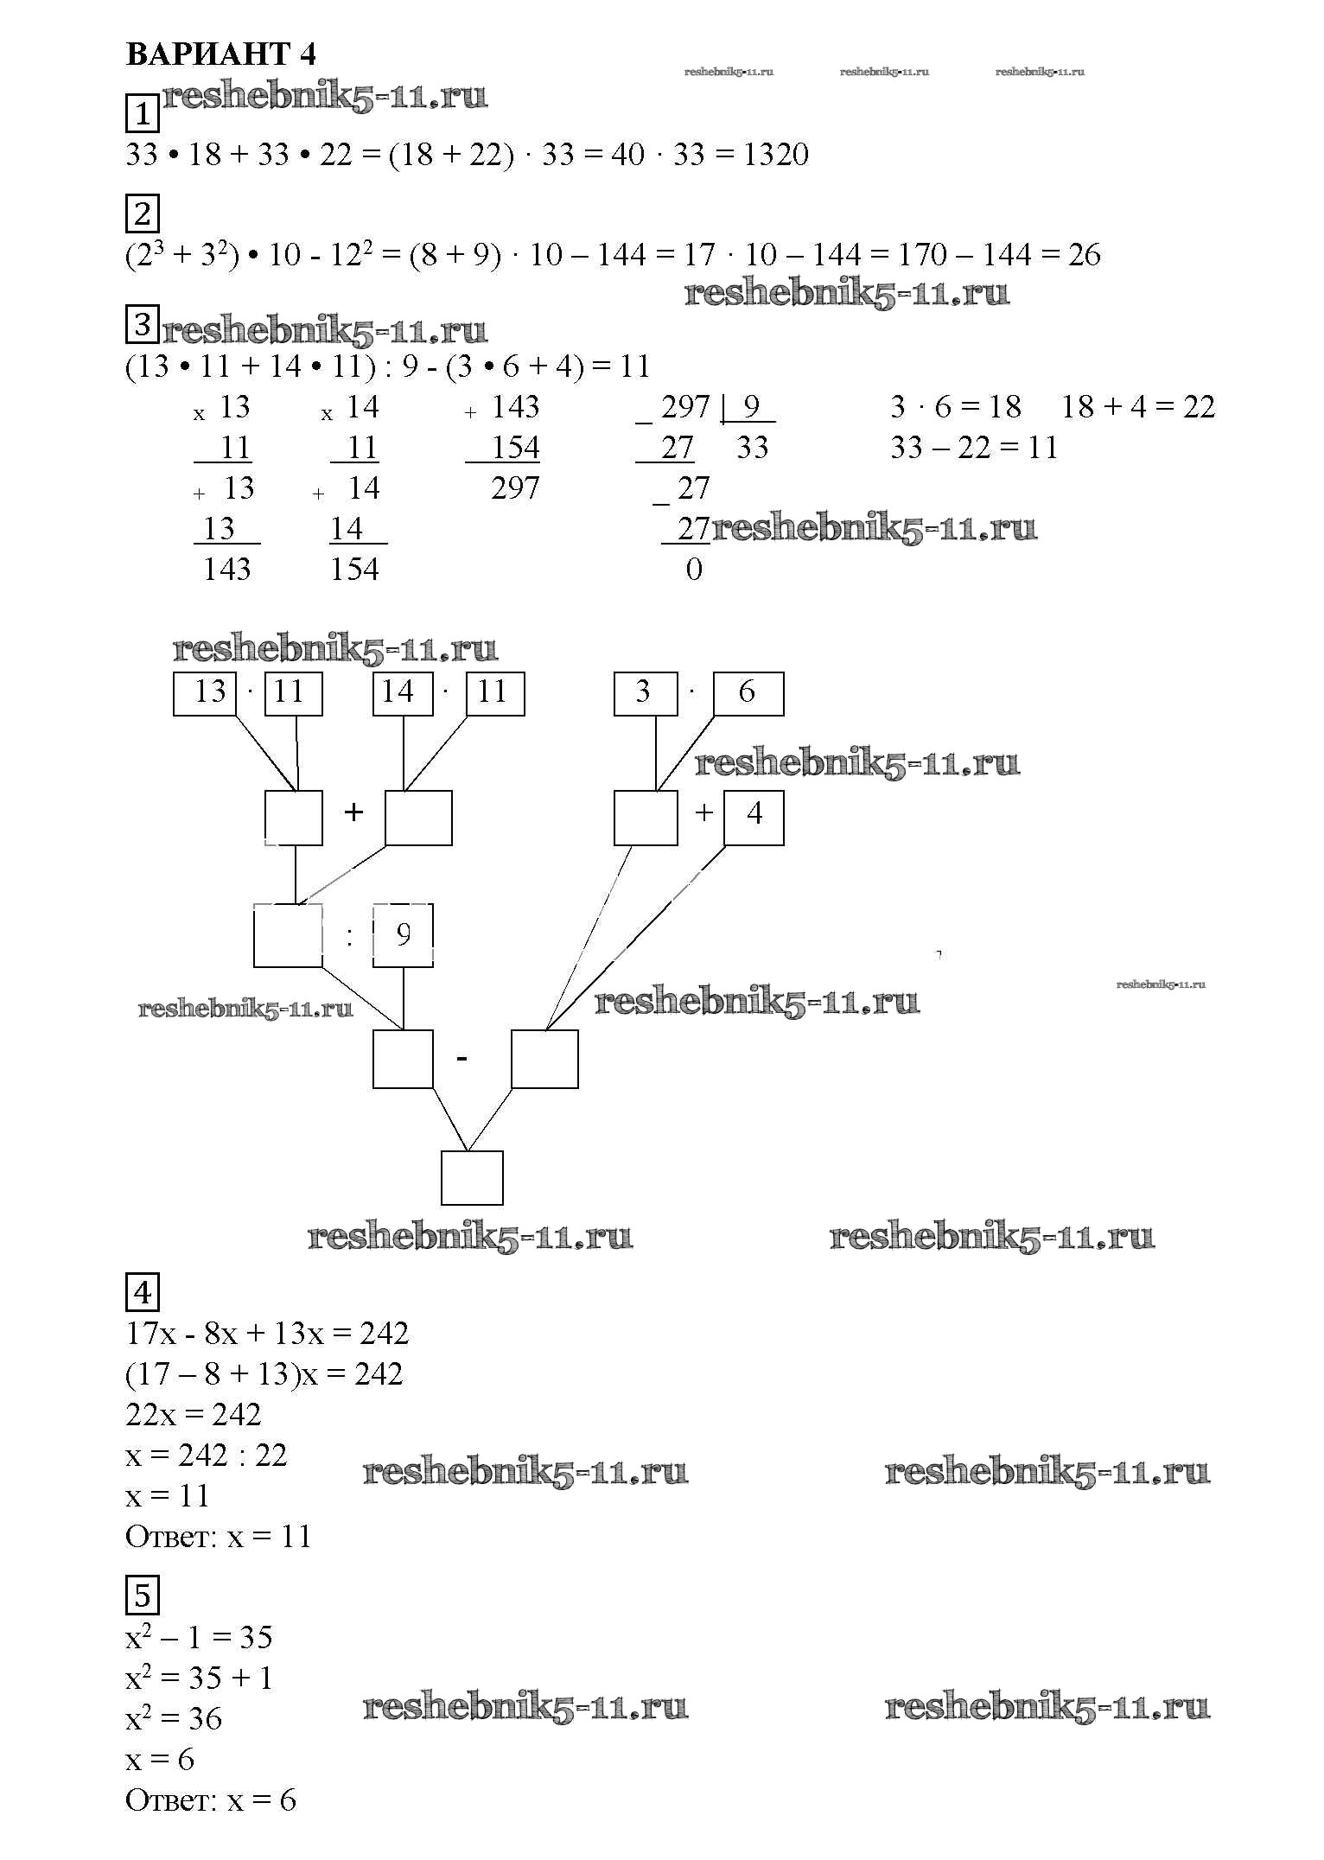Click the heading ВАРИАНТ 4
(x=221, y=54)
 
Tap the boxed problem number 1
(x=143, y=114)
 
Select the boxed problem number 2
(x=143, y=213)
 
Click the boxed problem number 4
(x=143, y=1293)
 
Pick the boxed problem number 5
(x=143, y=1595)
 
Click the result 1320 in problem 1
(x=775, y=155)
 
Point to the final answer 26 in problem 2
(x=1084, y=255)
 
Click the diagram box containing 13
(x=206, y=693)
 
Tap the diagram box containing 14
(x=403, y=693)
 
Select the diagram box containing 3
(x=645, y=693)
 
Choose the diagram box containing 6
(x=748, y=693)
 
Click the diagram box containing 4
(x=754, y=817)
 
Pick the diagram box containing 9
(x=403, y=935)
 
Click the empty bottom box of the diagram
(x=472, y=1177)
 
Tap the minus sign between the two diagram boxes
(x=462, y=1058)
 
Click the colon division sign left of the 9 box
(x=349, y=936)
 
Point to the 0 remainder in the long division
(x=694, y=570)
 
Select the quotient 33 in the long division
(x=752, y=448)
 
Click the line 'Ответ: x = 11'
(x=218, y=1537)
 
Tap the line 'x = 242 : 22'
(x=206, y=1456)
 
